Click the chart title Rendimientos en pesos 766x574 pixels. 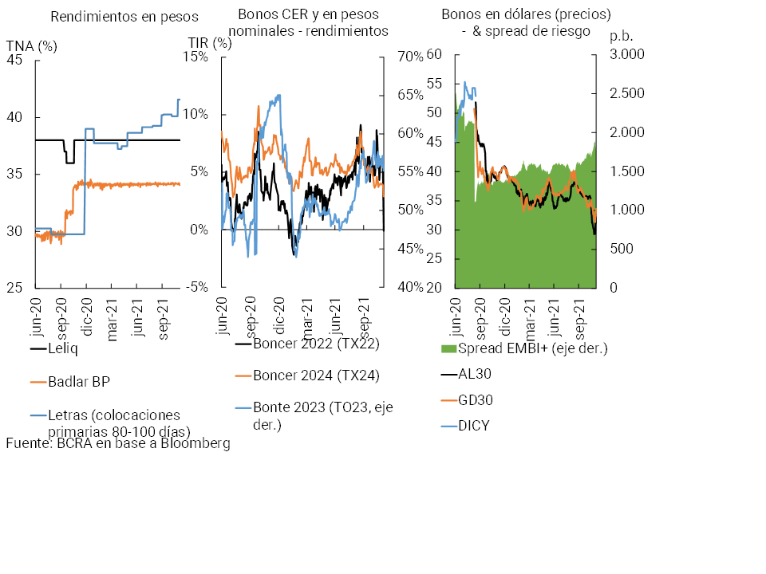[x=124, y=16]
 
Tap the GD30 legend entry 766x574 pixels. [x=475, y=399]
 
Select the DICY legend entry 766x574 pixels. [x=474, y=425]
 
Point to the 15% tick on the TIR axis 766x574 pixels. [x=195, y=57]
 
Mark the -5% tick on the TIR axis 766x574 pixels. [x=196, y=287]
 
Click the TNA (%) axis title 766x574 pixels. [x=32, y=45]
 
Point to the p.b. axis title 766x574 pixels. [x=620, y=36]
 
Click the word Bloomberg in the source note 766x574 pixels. [x=194, y=443]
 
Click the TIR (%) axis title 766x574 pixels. [x=210, y=43]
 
